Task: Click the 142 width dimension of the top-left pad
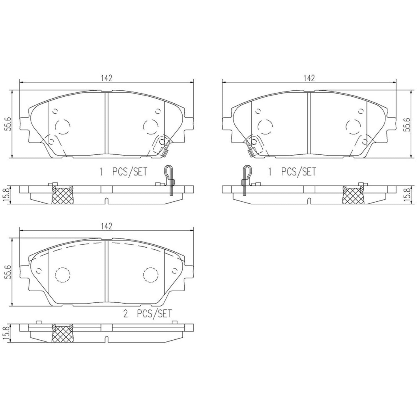pyautogui.click(x=106, y=78)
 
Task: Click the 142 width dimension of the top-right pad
pyautogui.click(x=308, y=78)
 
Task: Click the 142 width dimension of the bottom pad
pyautogui.click(x=106, y=227)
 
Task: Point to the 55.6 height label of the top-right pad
pyautogui.click(x=407, y=124)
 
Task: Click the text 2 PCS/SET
pyautogui.click(x=147, y=313)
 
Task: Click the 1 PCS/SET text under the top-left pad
pyautogui.click(x=123, y=172)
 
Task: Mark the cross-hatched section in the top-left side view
pyautogui.click(x=62, y=195)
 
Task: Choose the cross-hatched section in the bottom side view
pyautogui.click(x=62, y=335)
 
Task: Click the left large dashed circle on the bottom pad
pyautogui.click(x=62, y=275)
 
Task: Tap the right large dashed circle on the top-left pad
pyautogui.click(x=151, y=127)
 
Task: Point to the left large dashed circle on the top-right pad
pyautogui.click(x=265, y=127)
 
